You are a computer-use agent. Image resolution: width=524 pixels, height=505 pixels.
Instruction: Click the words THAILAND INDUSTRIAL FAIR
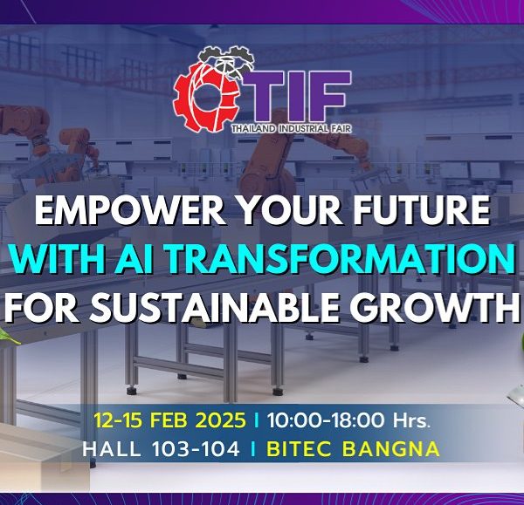coord(292,128)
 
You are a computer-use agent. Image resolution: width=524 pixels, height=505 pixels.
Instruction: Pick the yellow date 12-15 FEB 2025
coord(169,420)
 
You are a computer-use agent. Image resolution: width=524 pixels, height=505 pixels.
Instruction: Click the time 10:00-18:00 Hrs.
coord(348,420)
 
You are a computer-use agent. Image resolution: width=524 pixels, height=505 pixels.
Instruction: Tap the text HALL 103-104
coord(161,448)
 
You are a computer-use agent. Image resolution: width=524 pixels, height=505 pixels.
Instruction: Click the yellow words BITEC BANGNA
coord(353,448)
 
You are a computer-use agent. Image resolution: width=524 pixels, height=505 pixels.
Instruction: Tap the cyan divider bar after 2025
coord(257,420)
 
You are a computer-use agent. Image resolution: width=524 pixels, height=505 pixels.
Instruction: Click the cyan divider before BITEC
coord(253,448)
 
